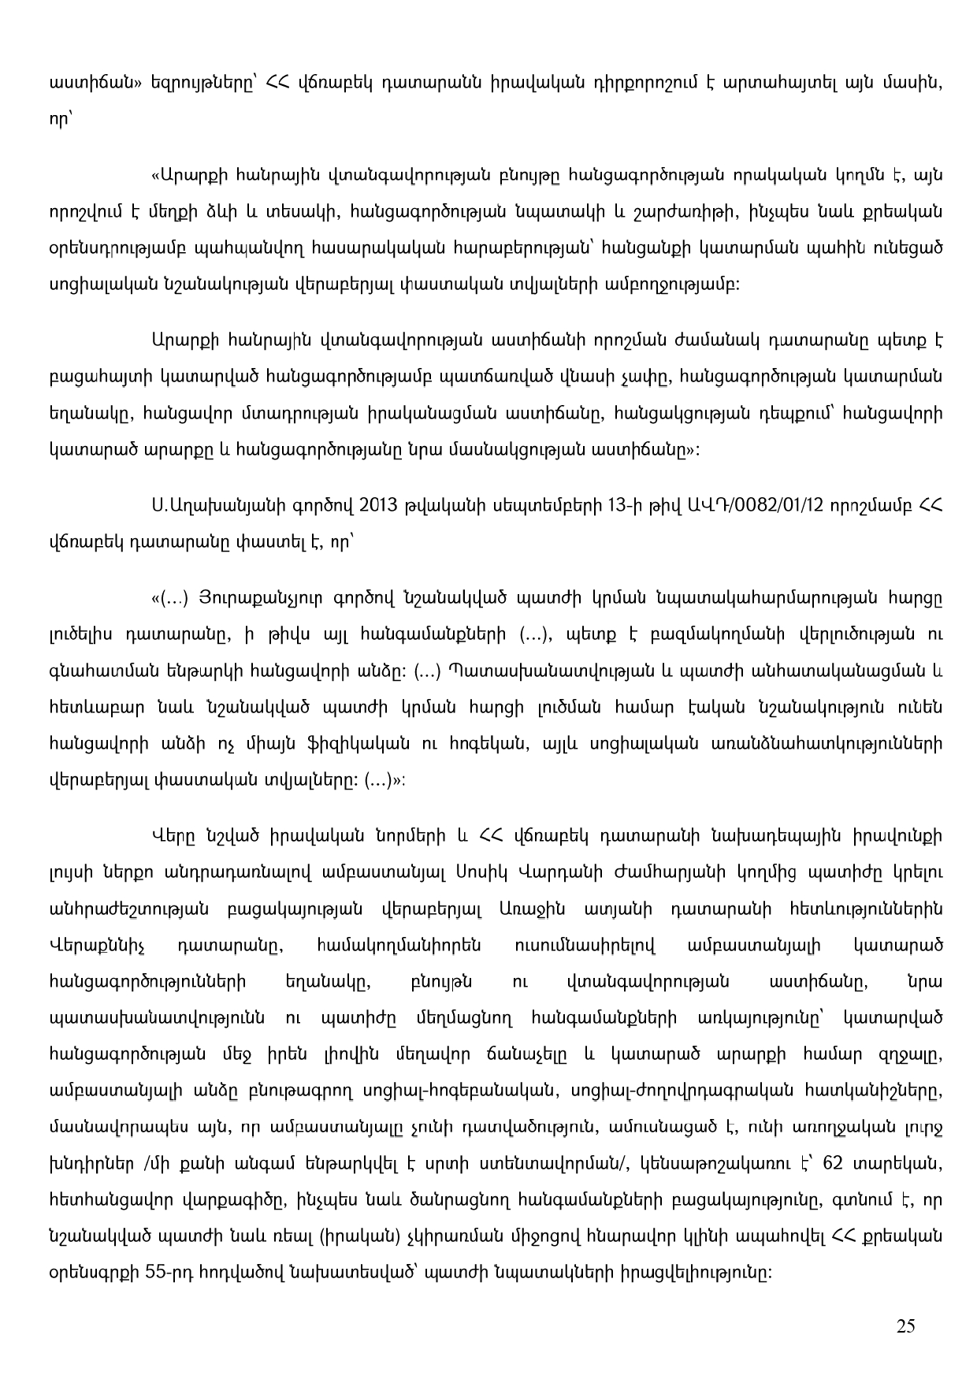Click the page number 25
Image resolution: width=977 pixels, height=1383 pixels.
(905, 1325)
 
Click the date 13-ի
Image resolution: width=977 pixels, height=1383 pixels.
(622, 505)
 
